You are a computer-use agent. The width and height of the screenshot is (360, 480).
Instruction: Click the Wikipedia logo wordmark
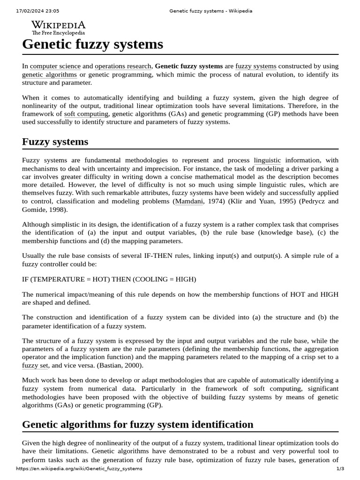(58, 25)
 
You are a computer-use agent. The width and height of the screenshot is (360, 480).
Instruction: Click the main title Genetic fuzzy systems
(93, 45)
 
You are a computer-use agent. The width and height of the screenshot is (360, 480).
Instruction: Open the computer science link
(55, 67)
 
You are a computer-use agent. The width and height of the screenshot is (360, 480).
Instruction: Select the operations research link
(123, 67)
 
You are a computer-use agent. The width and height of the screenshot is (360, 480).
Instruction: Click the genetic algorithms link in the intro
(49, 75)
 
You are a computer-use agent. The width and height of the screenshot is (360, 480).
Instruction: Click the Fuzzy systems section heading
(55, 142)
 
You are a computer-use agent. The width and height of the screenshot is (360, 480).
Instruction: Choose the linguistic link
(267, 161)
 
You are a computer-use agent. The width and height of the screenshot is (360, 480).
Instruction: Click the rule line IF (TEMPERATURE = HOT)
(109, 279)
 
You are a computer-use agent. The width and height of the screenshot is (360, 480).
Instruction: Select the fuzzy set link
(35, 365)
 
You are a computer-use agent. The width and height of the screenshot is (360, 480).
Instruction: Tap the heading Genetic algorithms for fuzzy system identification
(138, 425)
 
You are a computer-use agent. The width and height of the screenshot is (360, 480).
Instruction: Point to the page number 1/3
(340, 469)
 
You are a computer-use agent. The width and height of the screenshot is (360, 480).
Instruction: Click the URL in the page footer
(79, 469)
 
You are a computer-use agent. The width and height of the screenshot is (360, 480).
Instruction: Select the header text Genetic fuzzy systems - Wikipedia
(210, 11)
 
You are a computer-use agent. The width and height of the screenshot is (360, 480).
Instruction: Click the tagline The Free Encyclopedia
(58, 33)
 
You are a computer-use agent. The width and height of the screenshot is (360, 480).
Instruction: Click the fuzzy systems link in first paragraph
(255, 67)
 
